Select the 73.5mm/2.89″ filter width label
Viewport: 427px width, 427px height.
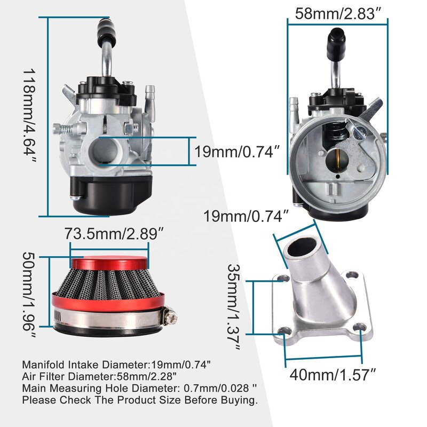coord(110,233)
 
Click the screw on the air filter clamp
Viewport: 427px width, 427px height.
coord(171,319)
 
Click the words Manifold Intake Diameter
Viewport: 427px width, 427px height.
coord(80,365)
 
